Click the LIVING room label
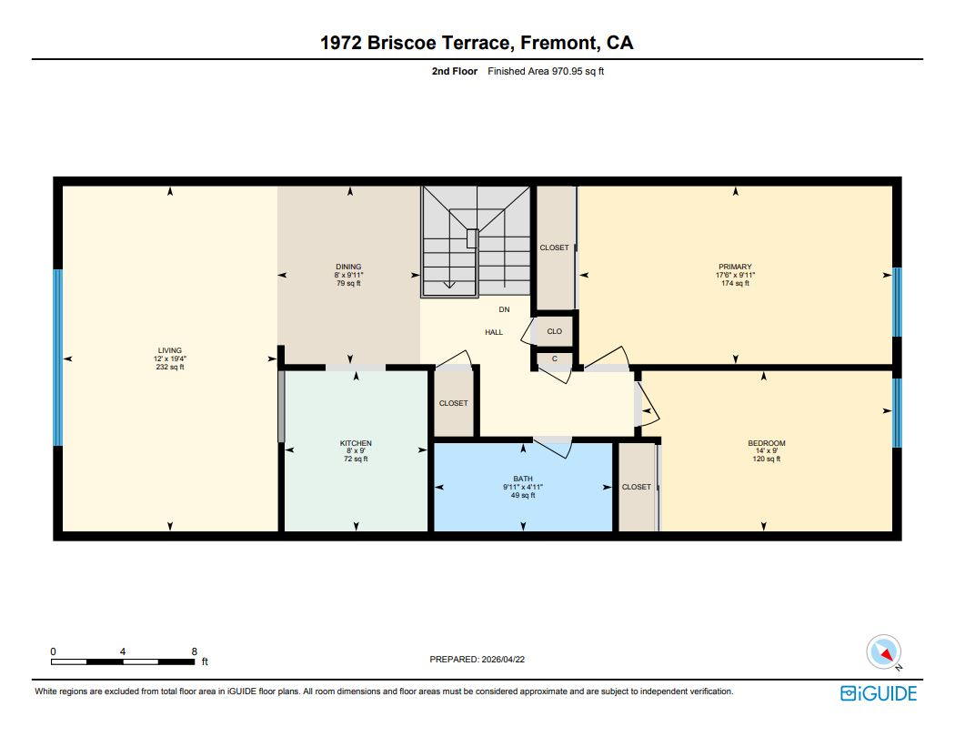click(170, 350)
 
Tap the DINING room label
click(348, 267)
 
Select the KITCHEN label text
click(356, 443)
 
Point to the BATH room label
click(523, 479)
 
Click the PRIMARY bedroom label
click(735, 267)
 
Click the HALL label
click(494, 332)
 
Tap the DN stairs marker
click(505, 310)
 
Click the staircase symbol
click(475, 240)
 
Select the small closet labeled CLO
click(555, 331)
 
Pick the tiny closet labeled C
click(555, 358)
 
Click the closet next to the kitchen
click(454, 403)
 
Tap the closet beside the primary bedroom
click(554, 247)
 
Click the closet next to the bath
click(637, 487)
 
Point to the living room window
click(58, 358)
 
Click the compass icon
click(885, 651)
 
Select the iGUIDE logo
click(879, 693)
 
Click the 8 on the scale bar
click(195, 651)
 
